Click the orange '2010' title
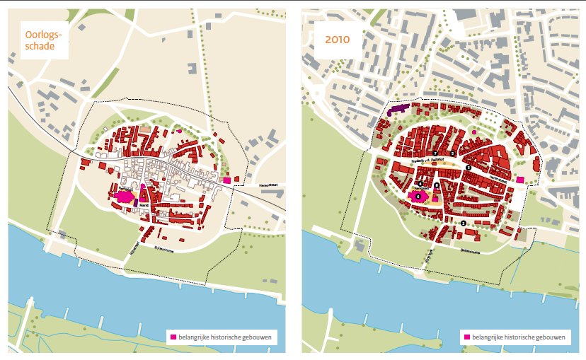337,40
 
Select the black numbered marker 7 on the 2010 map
435,153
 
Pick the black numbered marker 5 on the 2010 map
452,153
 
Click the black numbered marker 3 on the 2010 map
469,167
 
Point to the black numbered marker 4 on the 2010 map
420,184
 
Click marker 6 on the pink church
418,196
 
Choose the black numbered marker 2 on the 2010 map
463,223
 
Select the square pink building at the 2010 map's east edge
520,180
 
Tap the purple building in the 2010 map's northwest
398,110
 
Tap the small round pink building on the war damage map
179,131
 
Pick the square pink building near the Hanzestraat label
227,180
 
